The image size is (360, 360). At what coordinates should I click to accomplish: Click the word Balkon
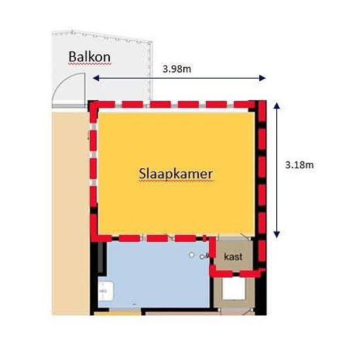90,56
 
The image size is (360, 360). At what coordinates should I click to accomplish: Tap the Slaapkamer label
176,174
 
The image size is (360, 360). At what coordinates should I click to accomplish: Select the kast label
233,257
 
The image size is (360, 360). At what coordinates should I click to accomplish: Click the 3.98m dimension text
177,69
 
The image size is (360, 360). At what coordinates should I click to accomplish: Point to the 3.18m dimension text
299,165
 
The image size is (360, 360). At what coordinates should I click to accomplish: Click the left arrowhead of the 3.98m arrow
96,79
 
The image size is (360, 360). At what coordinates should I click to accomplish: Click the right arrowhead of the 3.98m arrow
262,78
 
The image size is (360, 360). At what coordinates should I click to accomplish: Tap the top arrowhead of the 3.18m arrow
277,105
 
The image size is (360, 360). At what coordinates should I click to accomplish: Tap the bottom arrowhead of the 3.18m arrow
277,234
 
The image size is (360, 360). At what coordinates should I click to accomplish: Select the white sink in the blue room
105,291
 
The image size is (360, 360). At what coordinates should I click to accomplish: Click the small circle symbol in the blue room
192,255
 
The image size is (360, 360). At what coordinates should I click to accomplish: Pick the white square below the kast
234,289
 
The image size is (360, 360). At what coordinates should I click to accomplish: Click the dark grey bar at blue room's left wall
101,258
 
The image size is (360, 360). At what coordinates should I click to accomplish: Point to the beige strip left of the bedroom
71,213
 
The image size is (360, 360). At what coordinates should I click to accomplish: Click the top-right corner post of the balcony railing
151,43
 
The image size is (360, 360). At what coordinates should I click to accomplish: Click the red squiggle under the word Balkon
90,63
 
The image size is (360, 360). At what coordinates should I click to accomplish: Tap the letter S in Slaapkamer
142,173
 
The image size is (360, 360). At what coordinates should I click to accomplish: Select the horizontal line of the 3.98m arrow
179,79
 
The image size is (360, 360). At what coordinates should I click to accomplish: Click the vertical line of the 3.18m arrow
277,170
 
